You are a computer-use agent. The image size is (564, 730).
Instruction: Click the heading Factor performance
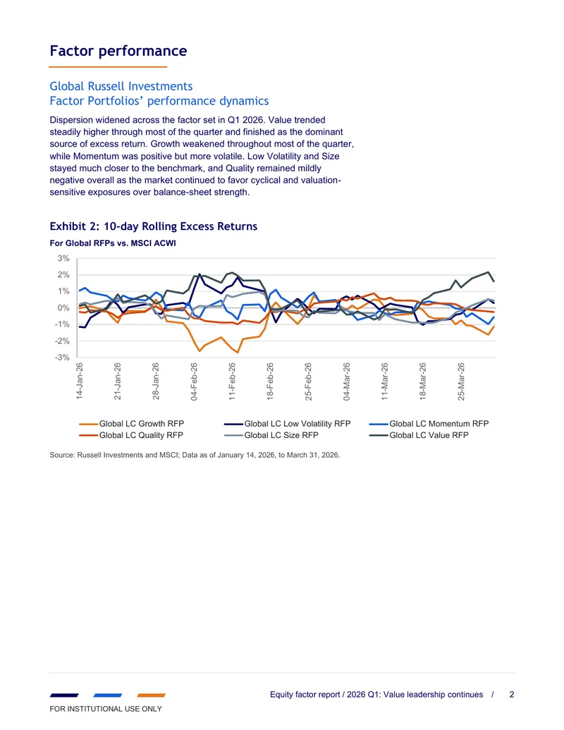pyautogui.click(x=118, y=51)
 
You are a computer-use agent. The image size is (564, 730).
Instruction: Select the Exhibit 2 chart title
pyautogui.click(x=154, y=226)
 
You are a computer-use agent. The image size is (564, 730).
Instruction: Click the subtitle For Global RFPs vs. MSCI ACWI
pyautogui.click(x=113, y=243)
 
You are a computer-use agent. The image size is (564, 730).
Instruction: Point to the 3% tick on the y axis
pyautogui.click(x=63, y=258)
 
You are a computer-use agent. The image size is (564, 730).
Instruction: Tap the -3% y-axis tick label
pyautogui.click(x=62, y=358)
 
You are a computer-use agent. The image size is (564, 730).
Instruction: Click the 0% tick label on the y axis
pyautogui.click(x=63, y=308)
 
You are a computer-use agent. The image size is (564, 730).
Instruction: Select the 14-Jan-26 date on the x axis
pyautogui.click(x=80, y=382)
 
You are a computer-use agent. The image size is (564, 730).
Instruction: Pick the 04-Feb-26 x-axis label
pyautogui.click(x=194, y=382)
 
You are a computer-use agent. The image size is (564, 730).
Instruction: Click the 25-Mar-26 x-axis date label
pyautogui.click(x=461, y=382)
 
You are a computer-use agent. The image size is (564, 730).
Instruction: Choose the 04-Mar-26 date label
pyautogui.click(x=347, y=382)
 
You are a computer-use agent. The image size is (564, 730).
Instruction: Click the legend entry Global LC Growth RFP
pyautogui.click(x=132, y=424)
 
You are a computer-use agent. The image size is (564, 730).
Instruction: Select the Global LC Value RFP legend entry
pyautogui.click(x=419, y=435)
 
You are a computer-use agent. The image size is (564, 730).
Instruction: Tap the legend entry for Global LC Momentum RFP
pyautogui.click(x=429, y=424)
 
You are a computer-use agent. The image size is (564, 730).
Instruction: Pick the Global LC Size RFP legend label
pyautogui.click(x=271, y=435)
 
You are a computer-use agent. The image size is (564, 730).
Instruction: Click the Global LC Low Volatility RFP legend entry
pyautogui.click(x=287, y=424)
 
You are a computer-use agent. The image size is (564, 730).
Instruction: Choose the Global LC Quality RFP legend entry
pyautogui.click(x=131, y=435)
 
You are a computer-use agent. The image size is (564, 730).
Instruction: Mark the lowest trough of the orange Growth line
pyautogui.click(x=238, y=353)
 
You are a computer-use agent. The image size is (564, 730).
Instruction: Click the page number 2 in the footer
pyautogui.click(x=512, y=695)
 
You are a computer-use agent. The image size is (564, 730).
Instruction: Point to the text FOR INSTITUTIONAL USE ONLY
pyautogui.click(x=106, y=709)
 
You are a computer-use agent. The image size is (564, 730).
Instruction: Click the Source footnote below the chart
pyautogui.click(x=195, y=455)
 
